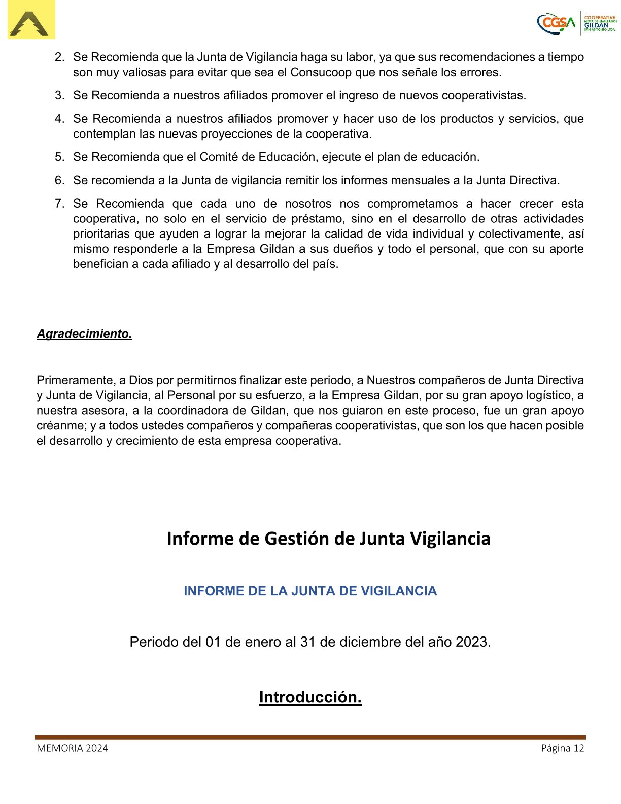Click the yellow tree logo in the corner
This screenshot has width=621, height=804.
[31, 20]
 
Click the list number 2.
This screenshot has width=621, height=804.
[59, 57]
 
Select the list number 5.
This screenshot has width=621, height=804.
[59, 157]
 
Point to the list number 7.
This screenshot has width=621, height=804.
[59, 204]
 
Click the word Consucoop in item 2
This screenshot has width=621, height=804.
[321, 73]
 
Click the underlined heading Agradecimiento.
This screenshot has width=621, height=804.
[84, 334]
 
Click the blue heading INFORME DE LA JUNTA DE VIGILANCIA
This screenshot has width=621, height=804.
[310, 591]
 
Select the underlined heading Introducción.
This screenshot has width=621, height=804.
[310, 697]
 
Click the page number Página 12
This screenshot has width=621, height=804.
[563, 748]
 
